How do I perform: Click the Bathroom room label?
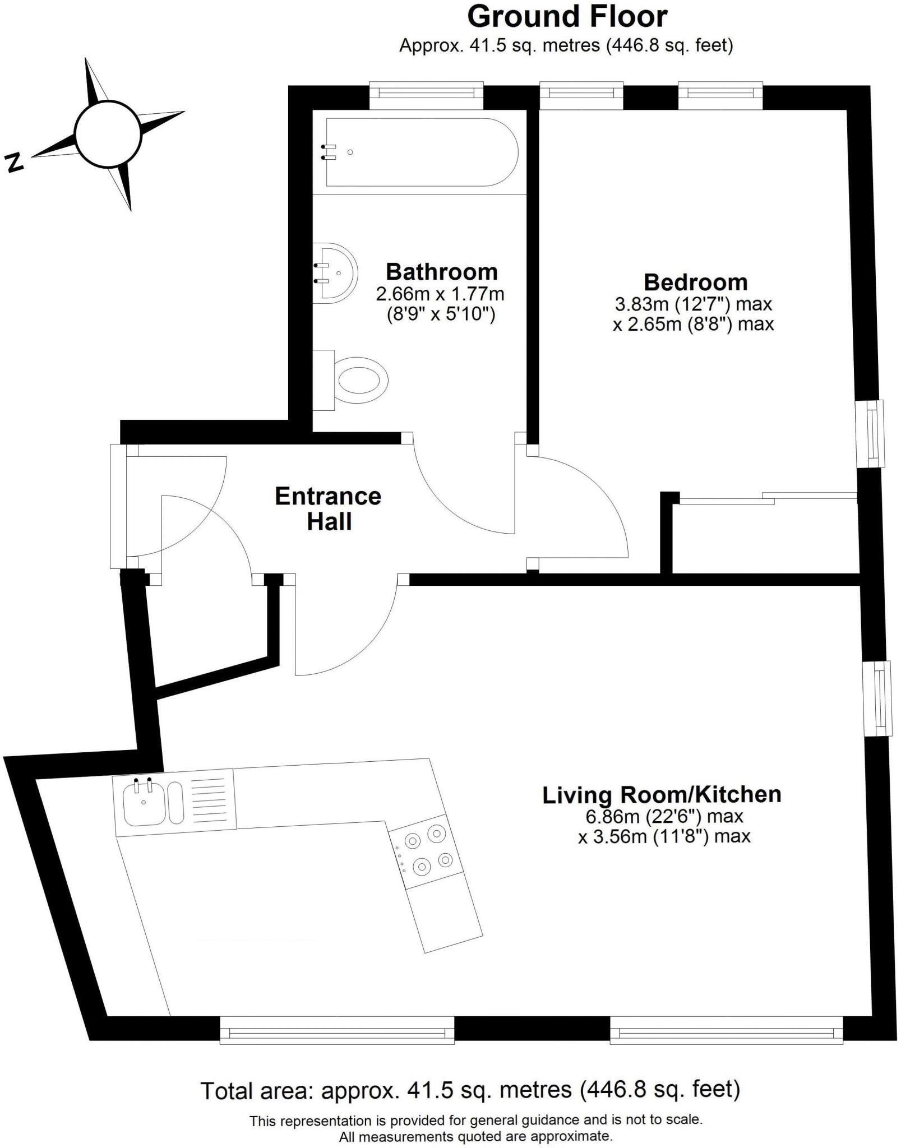tap(441, 272)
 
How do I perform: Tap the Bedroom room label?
tap(695, 282)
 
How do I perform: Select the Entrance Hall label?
tap(328, 508)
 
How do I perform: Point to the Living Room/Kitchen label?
tap(662, 795)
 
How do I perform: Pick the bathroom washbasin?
tap(335, 273)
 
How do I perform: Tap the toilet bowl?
tap(362, 381)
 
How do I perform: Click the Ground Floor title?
tap(567, 17)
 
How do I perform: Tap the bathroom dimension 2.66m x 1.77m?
tap(440, 294)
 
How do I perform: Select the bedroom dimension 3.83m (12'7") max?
tap(694, 304)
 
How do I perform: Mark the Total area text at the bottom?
tap(470, 1090)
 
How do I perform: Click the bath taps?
tap(329, 152)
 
